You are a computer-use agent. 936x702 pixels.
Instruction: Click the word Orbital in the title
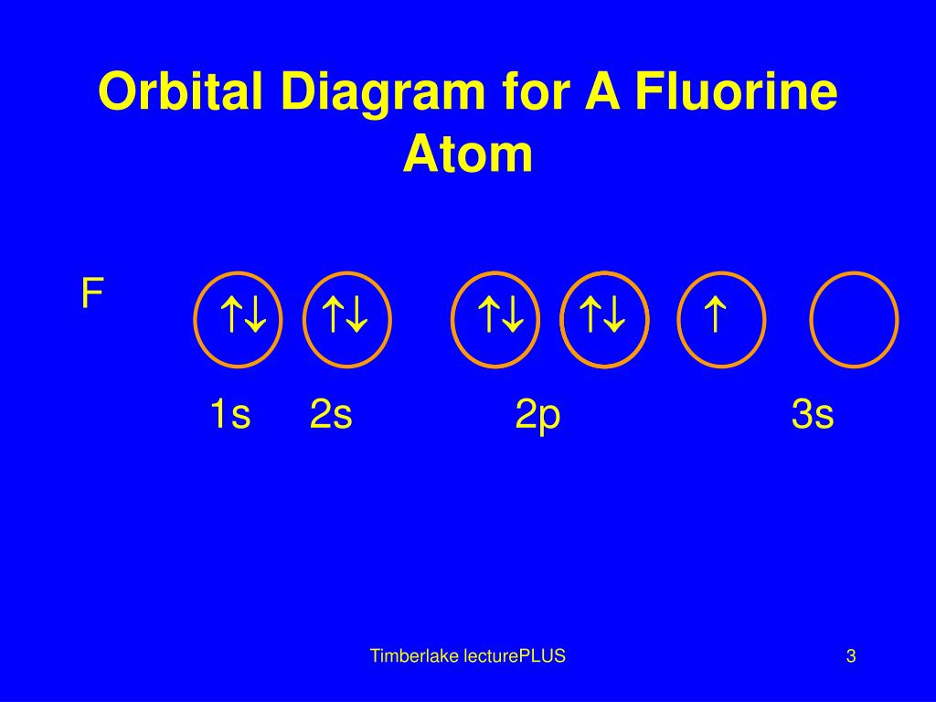[x=180, y=90]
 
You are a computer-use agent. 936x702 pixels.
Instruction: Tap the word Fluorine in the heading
[x=736, y=90]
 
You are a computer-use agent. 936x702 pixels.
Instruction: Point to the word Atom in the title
[x=467, y=154]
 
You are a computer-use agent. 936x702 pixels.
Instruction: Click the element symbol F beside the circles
[x=92, y=293]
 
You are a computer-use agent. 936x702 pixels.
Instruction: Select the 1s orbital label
[x=229, y=414]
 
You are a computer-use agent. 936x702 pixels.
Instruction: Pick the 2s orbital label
[x=331, y=414]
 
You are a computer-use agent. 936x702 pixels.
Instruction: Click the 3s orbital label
[x=813, y=414]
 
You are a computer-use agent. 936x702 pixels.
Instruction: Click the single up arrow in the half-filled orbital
[x=715, y=314]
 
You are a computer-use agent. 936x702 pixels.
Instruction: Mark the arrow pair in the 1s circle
[x=243, y=314]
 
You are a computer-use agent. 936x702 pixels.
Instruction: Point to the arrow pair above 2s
[x=345, y=314]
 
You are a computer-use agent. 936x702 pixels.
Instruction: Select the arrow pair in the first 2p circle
[x=501, y=314]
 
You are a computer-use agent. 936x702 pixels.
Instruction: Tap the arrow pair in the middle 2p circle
[x=602, y=314]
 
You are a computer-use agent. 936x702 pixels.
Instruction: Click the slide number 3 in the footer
[x=851, y=656]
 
